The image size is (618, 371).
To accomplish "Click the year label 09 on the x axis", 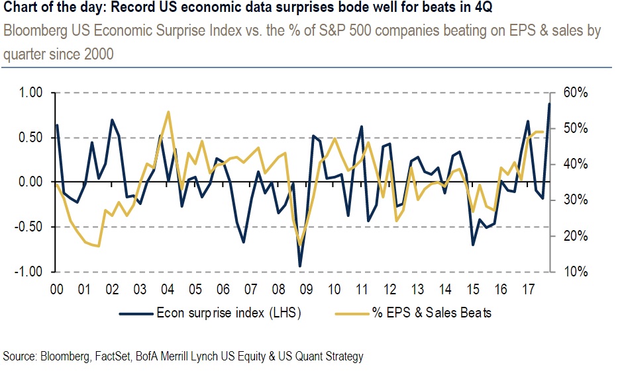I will click(x=306, y=290).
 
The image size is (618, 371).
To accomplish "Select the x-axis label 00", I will click(x=56, y=290).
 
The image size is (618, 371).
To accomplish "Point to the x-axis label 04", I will click(x=167, y=290).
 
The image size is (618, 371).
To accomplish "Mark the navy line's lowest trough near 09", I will click(x=300, y=267).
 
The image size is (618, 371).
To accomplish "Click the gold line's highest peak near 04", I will click(x=168, y=112).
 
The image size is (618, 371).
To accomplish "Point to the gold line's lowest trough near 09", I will click(x=301, y=245).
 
